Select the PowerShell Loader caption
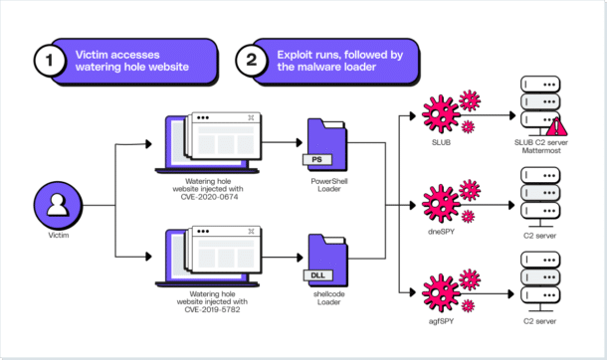[327, 188]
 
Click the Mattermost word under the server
[537, 155]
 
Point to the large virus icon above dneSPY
[439, 200]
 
